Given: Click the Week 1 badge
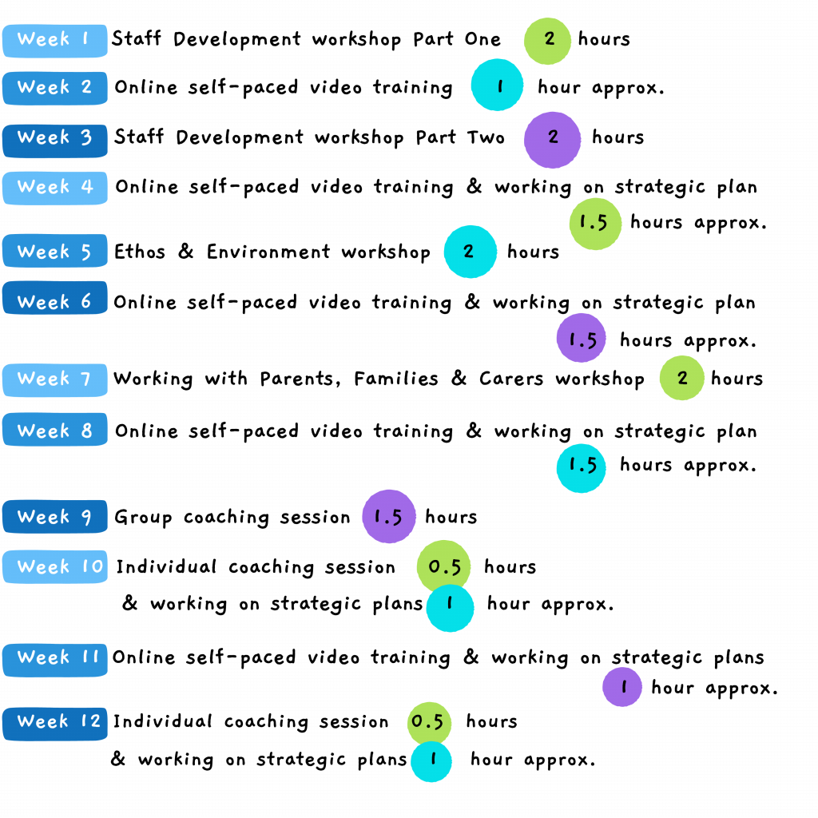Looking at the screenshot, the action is click(55, 40).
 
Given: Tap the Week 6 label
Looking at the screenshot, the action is click(55, 299).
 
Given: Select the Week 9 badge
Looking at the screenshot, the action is click(55, 517).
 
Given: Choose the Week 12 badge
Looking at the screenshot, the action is click(55, 724).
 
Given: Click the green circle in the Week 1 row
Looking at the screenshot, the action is click(547, 41).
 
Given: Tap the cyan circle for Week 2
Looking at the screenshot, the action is click(497, 85).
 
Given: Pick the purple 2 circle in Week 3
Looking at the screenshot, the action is click(553, 140).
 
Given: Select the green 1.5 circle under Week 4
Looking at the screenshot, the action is click(595, 224).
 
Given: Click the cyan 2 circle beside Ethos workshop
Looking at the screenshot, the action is click(470, 252).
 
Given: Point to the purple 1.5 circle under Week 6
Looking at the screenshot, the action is click(582, 338).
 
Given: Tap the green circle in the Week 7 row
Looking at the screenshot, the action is click(682, 378).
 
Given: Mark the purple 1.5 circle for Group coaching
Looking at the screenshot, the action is click(389, 517).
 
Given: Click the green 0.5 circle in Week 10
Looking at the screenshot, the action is click(444, 566).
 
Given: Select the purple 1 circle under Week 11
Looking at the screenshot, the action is click(621, 687).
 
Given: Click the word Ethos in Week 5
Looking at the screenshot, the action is click(140, 252).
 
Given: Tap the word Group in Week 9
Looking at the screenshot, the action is click(143, 518).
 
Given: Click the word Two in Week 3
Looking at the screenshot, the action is click(486, 137).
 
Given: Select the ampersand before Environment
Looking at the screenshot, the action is click(185, 252).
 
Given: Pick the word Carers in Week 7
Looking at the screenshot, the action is click(511, 379).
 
